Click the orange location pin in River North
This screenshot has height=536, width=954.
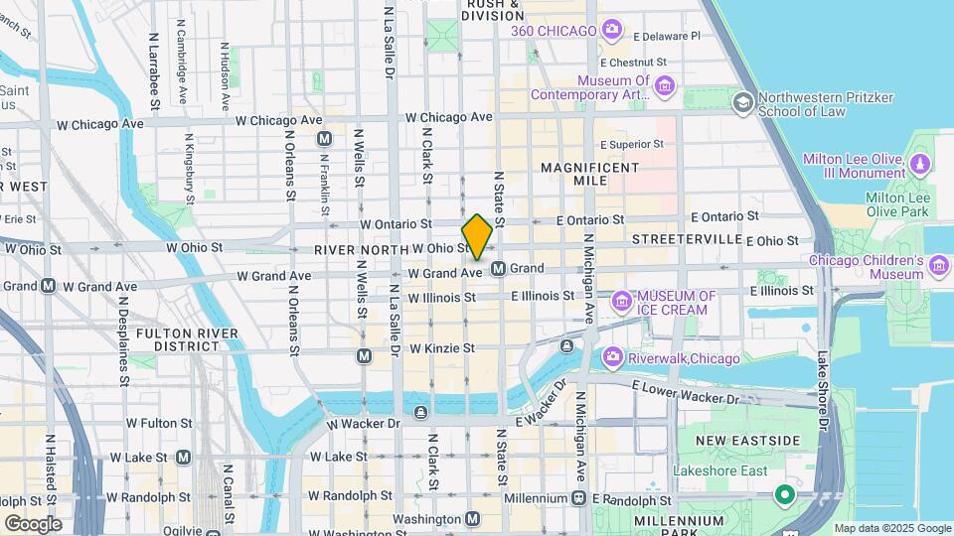477,236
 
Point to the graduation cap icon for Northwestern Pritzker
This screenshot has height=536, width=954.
742,103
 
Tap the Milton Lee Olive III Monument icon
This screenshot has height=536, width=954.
920,165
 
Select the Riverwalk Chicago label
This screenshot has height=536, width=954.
686,358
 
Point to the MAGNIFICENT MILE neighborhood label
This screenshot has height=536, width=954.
589,176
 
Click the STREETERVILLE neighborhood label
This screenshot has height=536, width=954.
687,239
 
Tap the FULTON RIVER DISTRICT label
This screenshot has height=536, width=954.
179,339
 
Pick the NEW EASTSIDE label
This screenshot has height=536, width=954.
733,440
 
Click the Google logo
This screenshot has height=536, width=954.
33,523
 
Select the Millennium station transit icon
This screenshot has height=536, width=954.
580,497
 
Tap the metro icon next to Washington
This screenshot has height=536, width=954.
473,518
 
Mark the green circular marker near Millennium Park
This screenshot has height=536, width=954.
784,494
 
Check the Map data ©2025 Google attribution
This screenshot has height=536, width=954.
891,528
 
